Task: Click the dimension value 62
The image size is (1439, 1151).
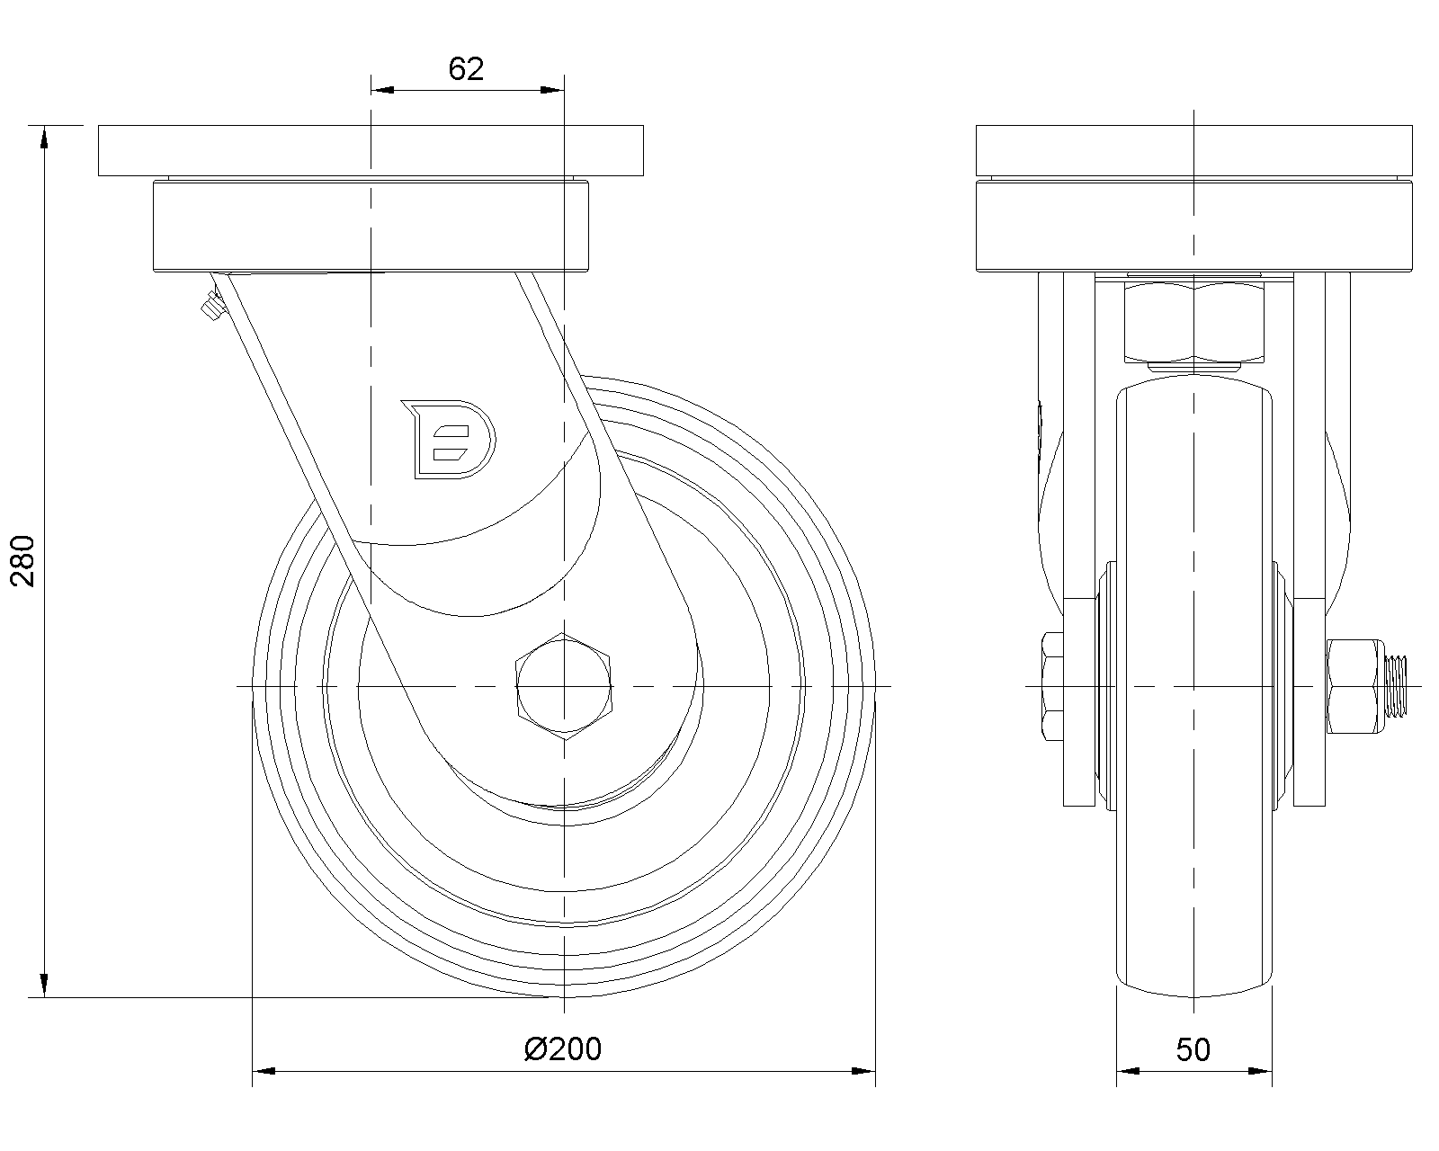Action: [465, 69]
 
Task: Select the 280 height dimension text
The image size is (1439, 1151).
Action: [22, 560]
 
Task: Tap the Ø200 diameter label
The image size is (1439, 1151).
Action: [563, 1049]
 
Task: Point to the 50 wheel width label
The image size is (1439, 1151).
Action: [1193, 1050]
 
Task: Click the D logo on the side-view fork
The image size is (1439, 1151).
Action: [449, 440]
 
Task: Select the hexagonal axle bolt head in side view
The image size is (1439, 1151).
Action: [564, 686]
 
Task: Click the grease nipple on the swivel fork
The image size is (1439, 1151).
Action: [211, 306]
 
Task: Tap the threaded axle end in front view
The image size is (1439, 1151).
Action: [1395, 686]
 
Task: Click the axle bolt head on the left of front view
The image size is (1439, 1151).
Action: [1052, 686]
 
